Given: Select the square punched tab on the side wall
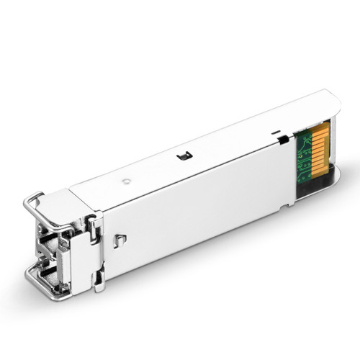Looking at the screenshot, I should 122,239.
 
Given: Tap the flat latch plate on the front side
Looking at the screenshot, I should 93,244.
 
